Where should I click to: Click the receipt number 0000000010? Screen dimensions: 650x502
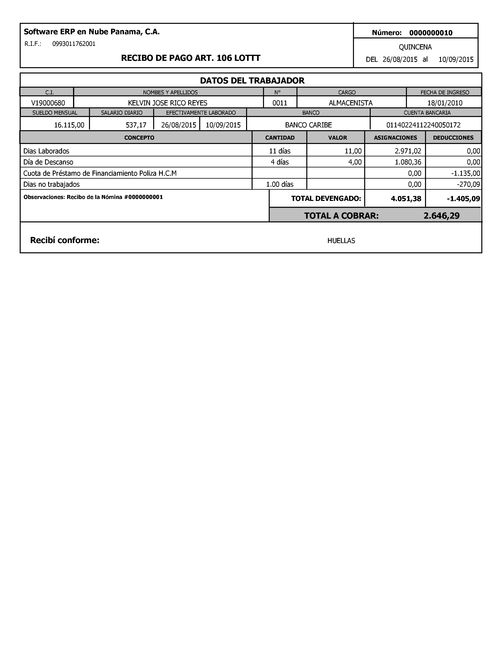click(431, 33)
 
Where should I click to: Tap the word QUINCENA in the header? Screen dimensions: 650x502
click(415, 47)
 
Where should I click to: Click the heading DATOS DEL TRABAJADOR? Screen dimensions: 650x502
click(252, 81)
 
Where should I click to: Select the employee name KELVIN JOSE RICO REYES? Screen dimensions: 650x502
click(168, 103)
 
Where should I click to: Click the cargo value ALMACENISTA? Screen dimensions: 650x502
click(351, 103)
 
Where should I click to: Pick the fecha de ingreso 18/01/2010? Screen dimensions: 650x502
click(445, 103)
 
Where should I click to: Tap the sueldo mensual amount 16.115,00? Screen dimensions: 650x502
click(69, 125)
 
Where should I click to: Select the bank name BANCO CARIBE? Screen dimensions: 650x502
click(308, 125)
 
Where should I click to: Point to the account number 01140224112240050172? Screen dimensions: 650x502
click(423, 125)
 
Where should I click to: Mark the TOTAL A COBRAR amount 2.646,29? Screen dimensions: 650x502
click(441, 216)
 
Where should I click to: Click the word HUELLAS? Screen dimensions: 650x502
click(341, 241)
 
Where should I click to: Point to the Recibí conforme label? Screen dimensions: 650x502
click(65, 240)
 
